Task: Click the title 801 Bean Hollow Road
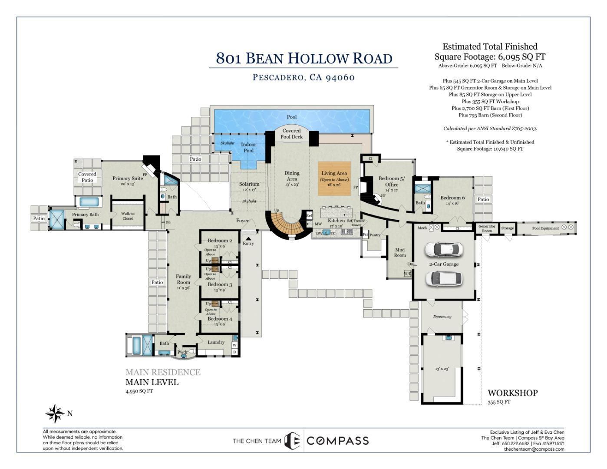click(304, 58)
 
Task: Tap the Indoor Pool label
click(248, 148)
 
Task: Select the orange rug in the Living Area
click(334, 178)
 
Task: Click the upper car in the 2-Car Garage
click(443, 249)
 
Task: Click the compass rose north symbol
click(55, 413)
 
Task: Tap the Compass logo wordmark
click(337, 441)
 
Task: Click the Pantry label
click(375, 235)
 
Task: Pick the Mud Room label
click(399, 252)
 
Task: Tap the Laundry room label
click(216, 342)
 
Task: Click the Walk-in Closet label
click(128, 216)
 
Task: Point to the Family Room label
click(183, 279)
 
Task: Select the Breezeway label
click(442, 317)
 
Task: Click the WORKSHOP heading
click(512, 393)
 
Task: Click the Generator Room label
click(487, 228)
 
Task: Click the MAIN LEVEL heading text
click(152, 382)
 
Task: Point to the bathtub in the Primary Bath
click(90, 201)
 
